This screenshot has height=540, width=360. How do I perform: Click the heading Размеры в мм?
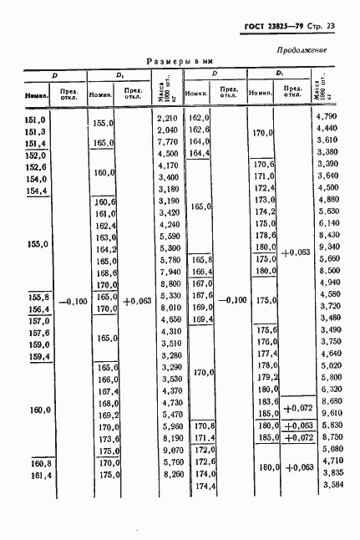coord(178,62)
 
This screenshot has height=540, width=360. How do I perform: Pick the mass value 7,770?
coord(168,142)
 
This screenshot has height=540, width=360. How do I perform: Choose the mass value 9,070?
coord(168,448)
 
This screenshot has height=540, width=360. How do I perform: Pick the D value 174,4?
coord(205,486)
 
